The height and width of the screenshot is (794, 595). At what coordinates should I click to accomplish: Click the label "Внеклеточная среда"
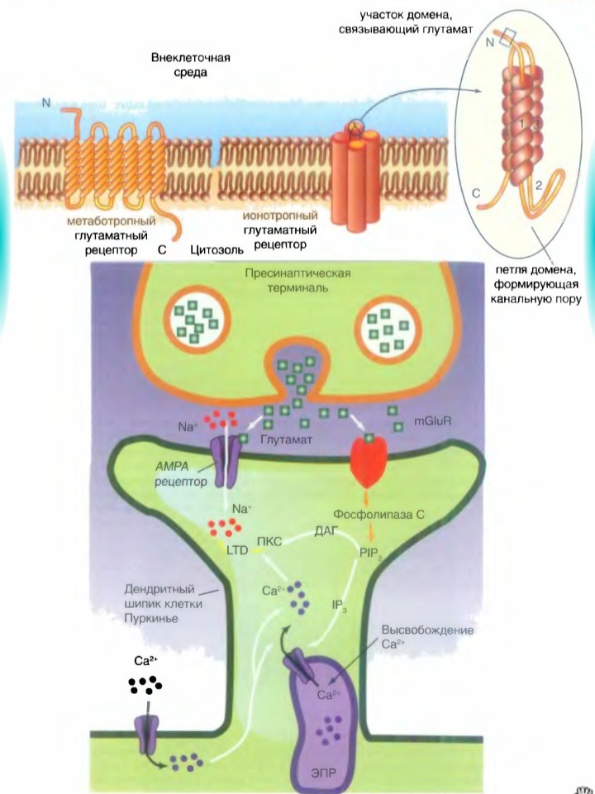(189, 65)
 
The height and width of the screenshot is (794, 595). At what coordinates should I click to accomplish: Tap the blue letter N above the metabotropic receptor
(46, 103)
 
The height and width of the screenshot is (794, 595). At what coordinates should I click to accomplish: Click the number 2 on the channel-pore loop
(538, 185)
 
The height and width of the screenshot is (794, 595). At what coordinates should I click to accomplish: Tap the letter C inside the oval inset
(476, 193)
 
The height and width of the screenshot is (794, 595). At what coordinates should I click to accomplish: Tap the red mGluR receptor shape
(369, 458)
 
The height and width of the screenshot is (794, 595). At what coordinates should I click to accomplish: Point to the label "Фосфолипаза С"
(380, 514)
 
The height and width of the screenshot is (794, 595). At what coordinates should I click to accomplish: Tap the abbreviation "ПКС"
(270, 543)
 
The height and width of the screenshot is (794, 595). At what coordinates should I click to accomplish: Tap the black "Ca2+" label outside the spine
(145, 661)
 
